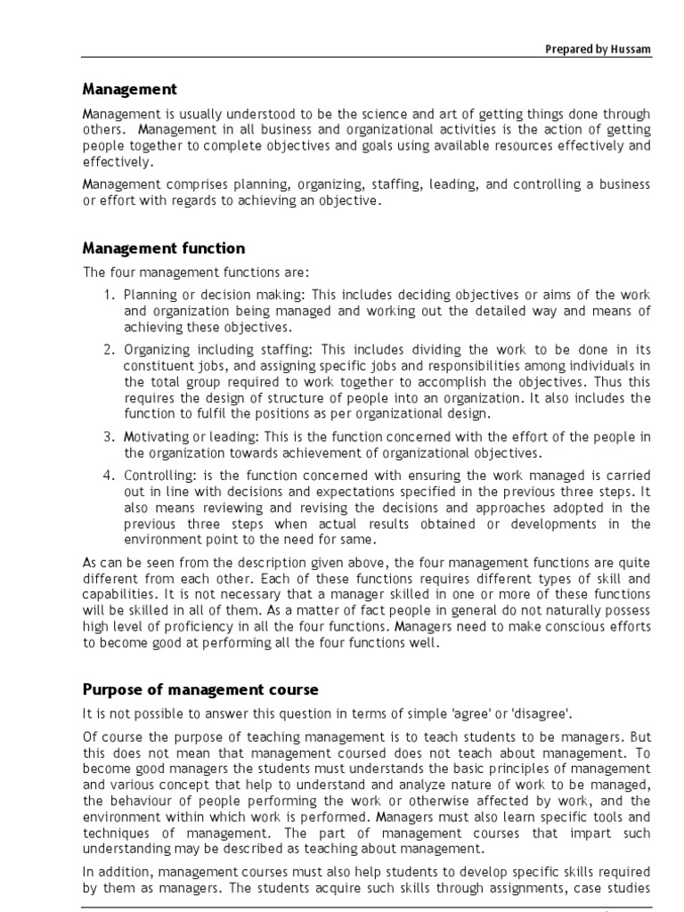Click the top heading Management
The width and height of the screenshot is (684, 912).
[130, 89]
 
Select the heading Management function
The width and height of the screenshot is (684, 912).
[164, 248]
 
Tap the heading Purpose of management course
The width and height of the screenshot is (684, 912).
[200, 689]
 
